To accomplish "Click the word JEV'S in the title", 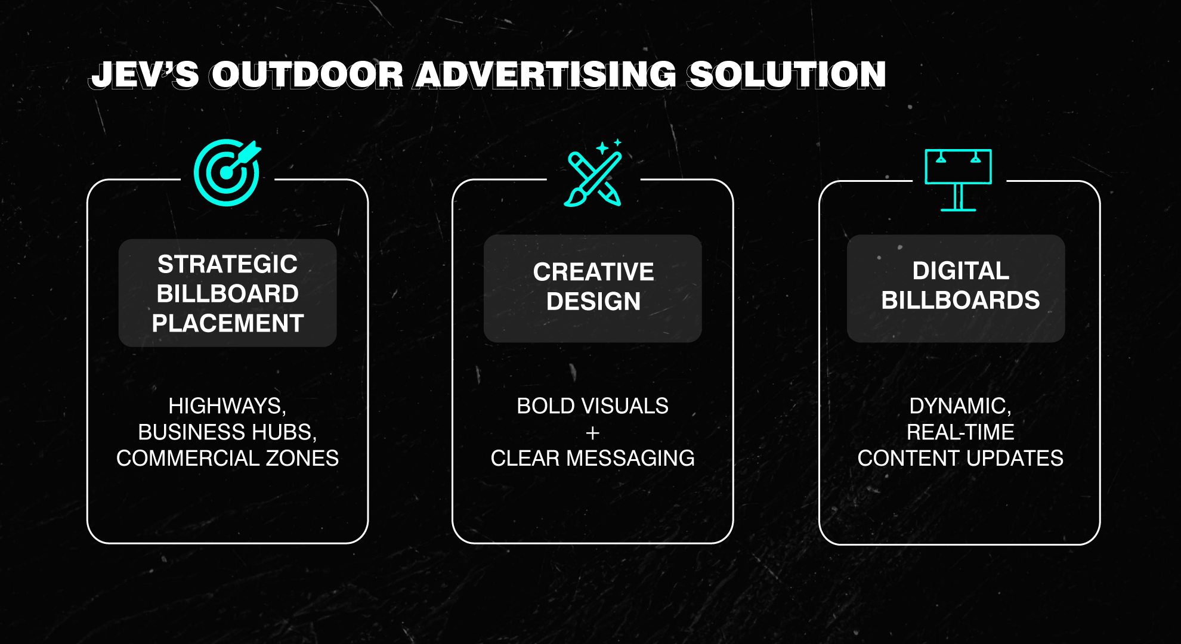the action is (144, 75).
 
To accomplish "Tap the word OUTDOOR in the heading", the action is (307, 75).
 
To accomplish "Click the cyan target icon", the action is (227, 172).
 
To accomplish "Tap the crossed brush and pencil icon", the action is (593, 173).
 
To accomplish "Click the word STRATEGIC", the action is (227, 264).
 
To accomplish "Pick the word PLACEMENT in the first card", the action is (228, 323).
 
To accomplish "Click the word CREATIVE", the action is (593, 272).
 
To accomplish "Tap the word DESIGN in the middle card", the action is (593, 301).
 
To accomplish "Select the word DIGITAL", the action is (961, 271).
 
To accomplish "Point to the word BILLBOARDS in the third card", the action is (961, 300).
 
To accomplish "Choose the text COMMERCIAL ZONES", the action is (227, 458).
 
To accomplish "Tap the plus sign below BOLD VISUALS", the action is (593, 432).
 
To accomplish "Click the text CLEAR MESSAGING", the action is (593, 458).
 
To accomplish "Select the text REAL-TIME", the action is (960, 432).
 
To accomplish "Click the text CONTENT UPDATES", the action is (960, 458).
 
